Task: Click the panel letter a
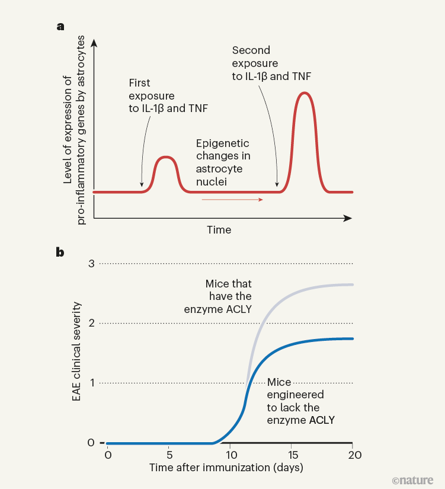click(60, 26)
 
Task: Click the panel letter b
click(60, 251)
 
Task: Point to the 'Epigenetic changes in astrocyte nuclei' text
click(223, 161)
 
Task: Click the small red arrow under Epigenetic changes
click(232, 200)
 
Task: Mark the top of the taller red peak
click(305, 93)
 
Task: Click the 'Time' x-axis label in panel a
click(219, 229)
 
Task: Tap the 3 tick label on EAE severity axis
click(91, 263)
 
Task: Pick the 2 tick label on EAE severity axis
click(91, 323)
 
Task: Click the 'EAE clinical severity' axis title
click(76, 352)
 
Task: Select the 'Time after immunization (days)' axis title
click(226, 468)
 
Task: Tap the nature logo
click(412, 479)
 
